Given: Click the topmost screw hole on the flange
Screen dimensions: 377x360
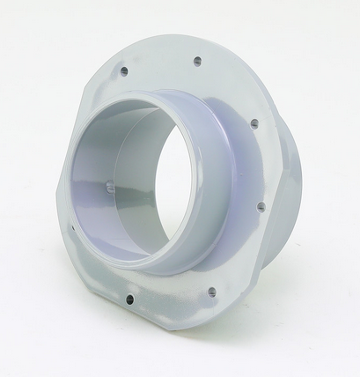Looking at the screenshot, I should click(197, 61).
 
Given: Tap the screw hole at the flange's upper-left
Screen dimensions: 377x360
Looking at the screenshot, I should click(124, 69).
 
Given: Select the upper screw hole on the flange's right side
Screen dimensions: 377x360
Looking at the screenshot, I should click(253, 123).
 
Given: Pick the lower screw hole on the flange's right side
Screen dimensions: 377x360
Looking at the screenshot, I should click(261, 207).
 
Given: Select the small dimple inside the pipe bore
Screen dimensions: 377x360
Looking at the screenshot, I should click(108, 186).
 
